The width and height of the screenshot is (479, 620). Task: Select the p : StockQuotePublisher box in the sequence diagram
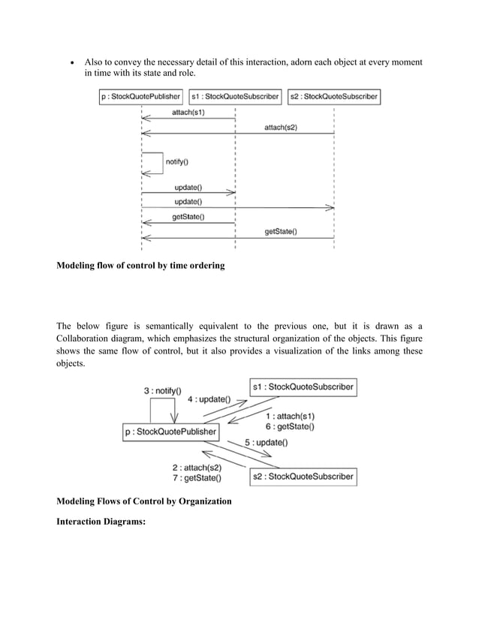pos(140,96)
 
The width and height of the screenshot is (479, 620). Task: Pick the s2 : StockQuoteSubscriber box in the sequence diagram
pos(333,96)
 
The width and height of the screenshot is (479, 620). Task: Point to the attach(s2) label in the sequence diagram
pos(280,128)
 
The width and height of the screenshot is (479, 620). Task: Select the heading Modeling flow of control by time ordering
pos(141,266)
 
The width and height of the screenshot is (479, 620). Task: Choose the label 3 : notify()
pos(162,390)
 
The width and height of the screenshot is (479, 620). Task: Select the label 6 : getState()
pos(290,427)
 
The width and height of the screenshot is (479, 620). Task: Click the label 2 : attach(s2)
pos(192,467)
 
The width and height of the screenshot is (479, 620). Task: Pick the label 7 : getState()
pos(192,478)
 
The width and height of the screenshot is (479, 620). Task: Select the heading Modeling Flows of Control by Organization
pos(144,501)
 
